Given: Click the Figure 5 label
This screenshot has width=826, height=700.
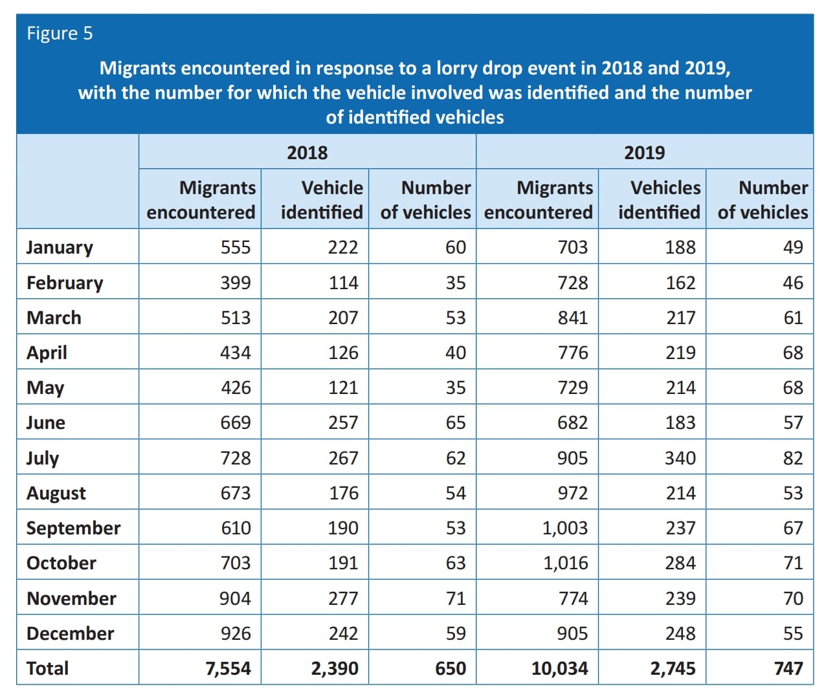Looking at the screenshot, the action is (x=60, y=34).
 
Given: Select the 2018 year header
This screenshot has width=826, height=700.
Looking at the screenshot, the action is (x=307, y=153).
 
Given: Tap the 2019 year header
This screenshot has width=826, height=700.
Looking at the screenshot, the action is (x=644, y=153).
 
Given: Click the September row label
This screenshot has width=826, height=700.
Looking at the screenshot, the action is (x=73, y=529).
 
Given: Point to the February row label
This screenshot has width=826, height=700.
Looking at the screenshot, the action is (x=65, y=283).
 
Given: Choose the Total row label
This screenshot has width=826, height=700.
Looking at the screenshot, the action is (x=47, y=668).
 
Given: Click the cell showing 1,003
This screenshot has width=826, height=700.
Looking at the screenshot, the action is (x=564, y=528).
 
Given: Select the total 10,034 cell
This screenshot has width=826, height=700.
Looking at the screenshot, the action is (x=559, y=668).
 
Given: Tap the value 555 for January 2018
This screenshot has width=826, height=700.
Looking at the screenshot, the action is (x=236, y=247).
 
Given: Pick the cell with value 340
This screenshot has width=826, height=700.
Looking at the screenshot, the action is (x=680, y=457).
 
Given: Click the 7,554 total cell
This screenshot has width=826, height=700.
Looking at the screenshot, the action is (x=228, y=668).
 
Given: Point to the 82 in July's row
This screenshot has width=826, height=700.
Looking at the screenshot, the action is (x=793, y=457).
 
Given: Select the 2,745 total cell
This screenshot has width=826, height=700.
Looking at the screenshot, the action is (x=673, y=668).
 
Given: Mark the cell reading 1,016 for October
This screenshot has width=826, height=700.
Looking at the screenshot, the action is (x=565, y=563).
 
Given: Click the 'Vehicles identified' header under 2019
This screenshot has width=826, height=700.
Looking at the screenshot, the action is (x=660, y=200).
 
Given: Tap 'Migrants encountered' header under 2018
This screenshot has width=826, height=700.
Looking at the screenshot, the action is (x=201, y=200).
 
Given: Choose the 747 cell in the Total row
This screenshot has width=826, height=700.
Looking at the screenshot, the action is (x=788, y=668).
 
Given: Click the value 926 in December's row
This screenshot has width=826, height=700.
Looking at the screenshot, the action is (x=236, y=633).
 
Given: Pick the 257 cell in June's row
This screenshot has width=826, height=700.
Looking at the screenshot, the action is (x=343, y=422).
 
